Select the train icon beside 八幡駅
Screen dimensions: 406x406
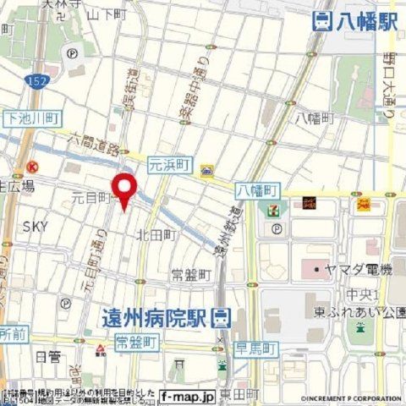coord(321,23)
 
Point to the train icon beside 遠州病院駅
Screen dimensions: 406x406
coord(220,318)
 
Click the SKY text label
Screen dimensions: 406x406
coord(35,226)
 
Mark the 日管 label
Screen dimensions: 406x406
coord(48,358)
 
